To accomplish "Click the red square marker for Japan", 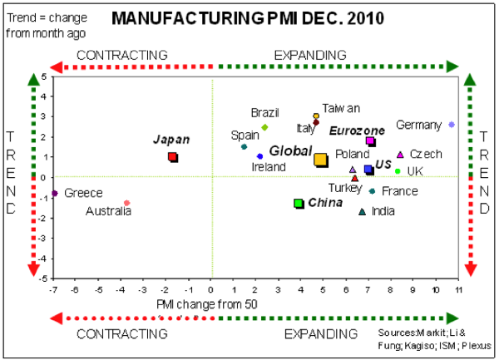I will coord(172,156).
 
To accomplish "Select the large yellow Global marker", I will coord(320,159).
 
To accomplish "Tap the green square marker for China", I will coord(299,203).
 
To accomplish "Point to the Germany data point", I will coord(452,124).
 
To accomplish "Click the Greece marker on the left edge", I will coord(55,193).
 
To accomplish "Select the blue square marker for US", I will coord(368,170).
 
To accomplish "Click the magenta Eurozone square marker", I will coord(371,142).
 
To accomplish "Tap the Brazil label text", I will coord(265,112).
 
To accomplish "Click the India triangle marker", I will coord(362,211).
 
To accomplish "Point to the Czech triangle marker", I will coord(400,155).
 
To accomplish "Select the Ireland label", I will coord(269,167).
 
